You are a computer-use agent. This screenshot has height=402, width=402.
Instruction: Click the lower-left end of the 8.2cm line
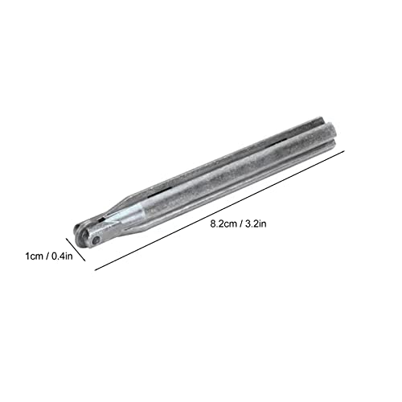point(95,269)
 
